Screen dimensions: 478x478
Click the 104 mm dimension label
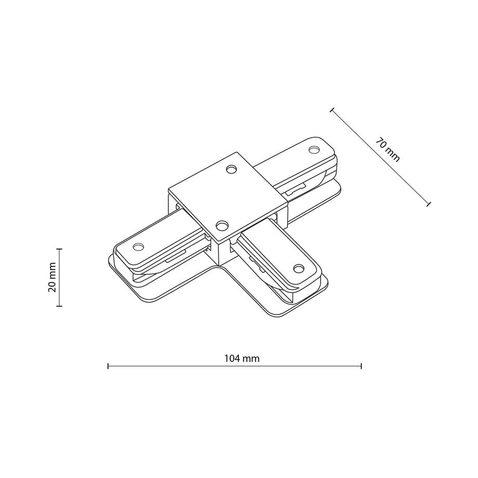pyautogui.click(x=242, y=358)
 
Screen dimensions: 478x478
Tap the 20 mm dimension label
pyautogui.click(x=52, y=277)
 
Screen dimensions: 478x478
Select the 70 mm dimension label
pyautogui.click(x=387, y=150)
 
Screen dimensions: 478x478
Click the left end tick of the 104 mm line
pyautogui.click(x=108, y=366)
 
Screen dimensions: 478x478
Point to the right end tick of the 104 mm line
pyautogui.click(x=361, y=366)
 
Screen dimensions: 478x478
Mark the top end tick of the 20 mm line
pyautogui.click(x=59, y=249)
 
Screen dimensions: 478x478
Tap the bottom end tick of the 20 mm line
pyautogui.click(x=59, y=306)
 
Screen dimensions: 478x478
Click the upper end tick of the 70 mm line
pyautogui.click(x=332, y=110)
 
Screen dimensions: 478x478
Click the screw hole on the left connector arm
pyautogui.click(x=138, y=246)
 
